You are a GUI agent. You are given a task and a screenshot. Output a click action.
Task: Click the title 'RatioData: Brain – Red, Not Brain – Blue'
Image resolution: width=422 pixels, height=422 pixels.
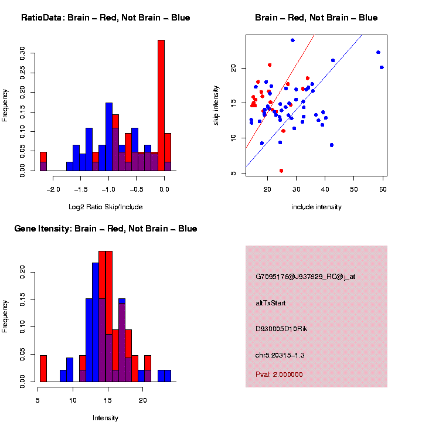pos(105,18)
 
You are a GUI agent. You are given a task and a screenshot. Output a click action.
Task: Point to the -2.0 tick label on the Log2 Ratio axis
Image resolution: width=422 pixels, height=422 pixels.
pos(53,189)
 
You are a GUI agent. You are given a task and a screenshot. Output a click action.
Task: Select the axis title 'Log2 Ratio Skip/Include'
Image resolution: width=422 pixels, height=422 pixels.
pos(105,207)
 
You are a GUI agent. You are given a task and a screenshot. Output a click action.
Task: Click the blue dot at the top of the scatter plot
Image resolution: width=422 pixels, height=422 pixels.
pos(292,40)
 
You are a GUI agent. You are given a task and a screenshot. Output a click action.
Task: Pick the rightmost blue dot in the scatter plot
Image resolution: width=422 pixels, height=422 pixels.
pos(382,67)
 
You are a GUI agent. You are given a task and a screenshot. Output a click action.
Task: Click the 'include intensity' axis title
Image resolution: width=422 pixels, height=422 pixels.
pos(316,207)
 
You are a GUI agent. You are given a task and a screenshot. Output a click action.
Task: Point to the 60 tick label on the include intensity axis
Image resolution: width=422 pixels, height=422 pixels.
pos(383,189)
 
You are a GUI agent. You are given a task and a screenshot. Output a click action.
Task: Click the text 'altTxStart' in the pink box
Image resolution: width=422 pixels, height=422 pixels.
pos(271,303)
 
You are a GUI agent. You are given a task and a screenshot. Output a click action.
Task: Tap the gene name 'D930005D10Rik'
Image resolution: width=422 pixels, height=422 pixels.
pos(281,329)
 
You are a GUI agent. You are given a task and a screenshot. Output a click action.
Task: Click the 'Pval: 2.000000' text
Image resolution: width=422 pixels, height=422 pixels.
pos(280,375)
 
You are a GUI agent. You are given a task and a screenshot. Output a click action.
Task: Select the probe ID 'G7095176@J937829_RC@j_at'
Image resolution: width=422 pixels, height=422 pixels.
pos(305,277)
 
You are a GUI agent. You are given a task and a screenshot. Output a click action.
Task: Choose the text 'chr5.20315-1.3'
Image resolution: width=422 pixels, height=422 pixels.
pos(280,355)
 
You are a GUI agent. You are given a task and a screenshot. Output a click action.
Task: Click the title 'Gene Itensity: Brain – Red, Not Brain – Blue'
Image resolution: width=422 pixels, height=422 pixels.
pos(105,229)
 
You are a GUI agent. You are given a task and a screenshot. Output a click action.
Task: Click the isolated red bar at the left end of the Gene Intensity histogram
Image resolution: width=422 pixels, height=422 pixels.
pos(43,369)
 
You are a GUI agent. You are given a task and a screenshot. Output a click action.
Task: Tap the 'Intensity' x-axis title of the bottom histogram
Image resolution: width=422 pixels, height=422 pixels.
pos(105,418)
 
